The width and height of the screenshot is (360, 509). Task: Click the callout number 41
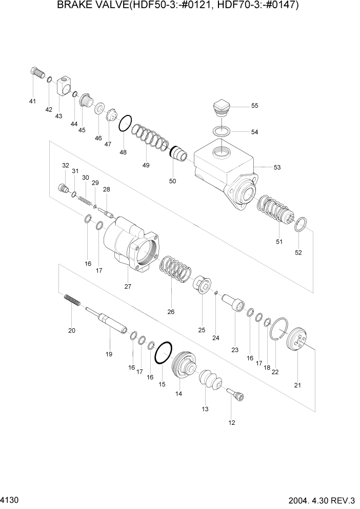pos(32,101)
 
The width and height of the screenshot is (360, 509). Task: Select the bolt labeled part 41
pos(37,73)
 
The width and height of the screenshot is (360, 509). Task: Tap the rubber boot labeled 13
pos(210,383)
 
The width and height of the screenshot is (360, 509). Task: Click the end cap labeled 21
pos(297,342)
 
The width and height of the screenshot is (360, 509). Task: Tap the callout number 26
pos(171,311)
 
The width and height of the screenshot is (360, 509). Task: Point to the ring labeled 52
pos(302,225)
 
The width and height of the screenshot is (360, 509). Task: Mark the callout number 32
pos(66,165)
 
